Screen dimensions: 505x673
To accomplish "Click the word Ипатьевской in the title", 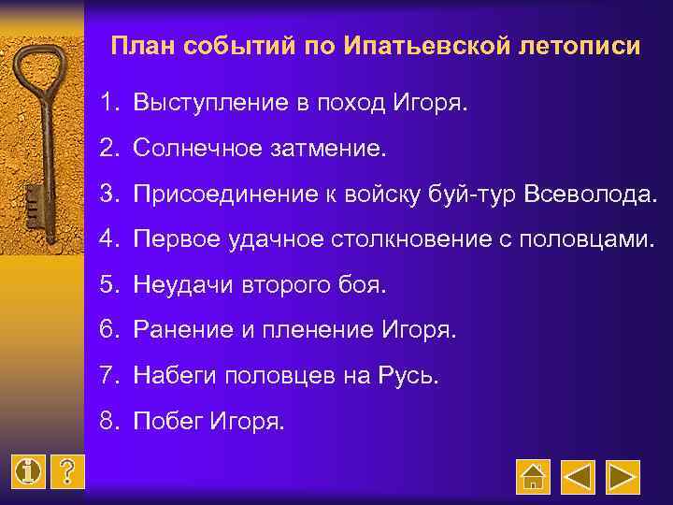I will point(408,46).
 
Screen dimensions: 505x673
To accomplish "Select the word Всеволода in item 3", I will point(590,193).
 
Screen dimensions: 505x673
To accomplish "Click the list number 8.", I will point(111,422).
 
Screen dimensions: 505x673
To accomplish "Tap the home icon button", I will point(534,477).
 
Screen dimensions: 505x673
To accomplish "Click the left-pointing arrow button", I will point(578,477).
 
